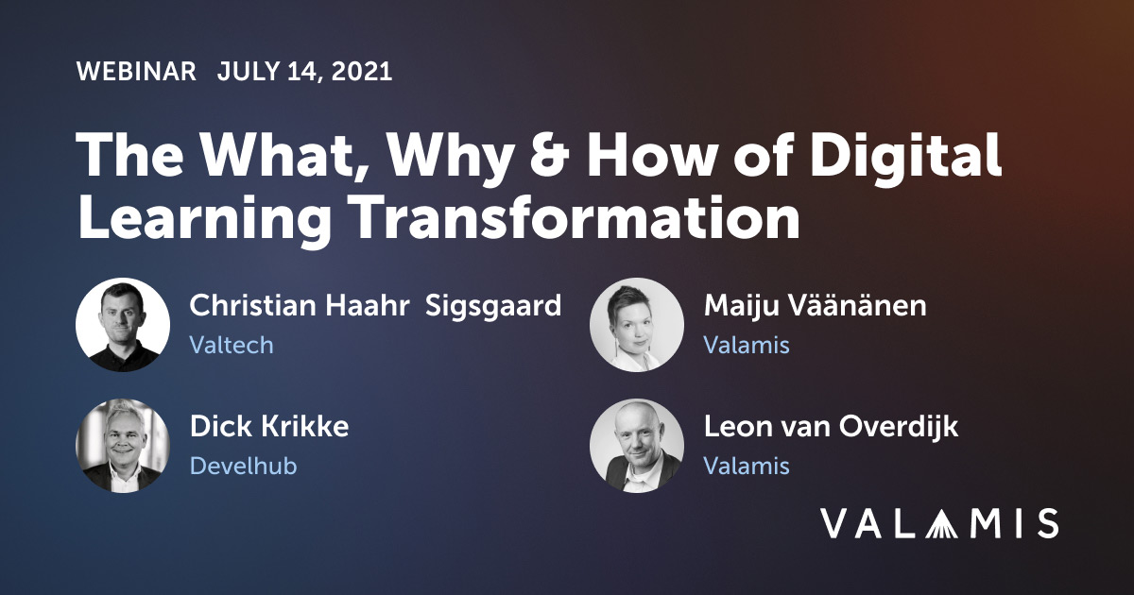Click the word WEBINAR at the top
[x=136, y=72]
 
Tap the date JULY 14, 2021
[x=304, y=72]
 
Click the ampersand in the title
[x=549, y=153]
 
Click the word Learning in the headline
[x=204, y=221]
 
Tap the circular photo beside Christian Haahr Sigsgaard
[x=123, y=325]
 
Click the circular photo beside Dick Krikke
[x=123, y=446]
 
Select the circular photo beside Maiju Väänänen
[x=637, y=325]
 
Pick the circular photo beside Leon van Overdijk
[x=637, y=446]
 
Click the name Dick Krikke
[x=269, y=426]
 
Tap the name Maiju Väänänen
[x=815, y=305]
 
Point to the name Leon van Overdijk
[x=831, y=428]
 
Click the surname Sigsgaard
[x=493, y=307]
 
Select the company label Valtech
[x=232, y=345]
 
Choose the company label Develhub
[x=243, y=466]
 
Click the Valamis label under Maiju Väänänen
[x=747, y=345]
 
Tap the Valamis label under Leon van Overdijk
[x=747, y=466]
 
